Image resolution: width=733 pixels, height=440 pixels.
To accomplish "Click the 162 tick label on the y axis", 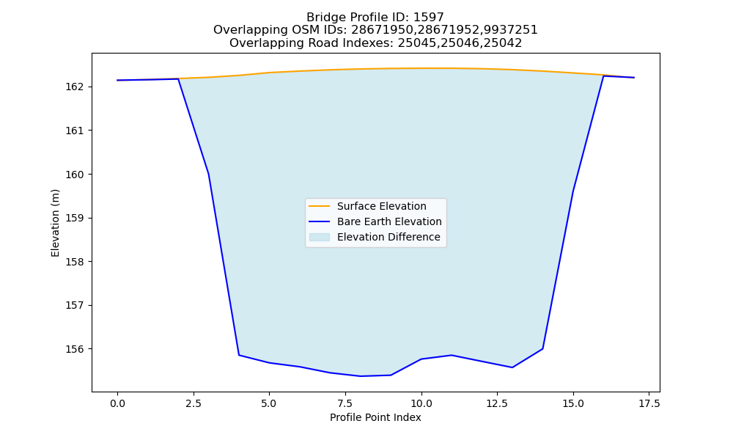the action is tap(74, 87).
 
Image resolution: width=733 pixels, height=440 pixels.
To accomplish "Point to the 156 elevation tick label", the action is tap(74, 349).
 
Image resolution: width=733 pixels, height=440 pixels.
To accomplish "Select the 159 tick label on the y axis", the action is tap(74, 218).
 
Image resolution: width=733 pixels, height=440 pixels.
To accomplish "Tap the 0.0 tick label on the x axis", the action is tap(117, 403).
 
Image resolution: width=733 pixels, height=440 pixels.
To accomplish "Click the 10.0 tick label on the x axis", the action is tap(421, 403).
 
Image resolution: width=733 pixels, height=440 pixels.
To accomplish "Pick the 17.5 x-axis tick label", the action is tap(649, 403).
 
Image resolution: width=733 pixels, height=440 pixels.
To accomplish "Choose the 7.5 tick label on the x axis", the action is tap(345, 403).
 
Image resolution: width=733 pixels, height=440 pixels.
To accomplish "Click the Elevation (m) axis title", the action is tap(55, 223).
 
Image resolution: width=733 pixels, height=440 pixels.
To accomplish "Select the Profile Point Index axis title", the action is tap(375, 417).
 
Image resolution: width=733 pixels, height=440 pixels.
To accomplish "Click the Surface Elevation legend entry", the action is tap(381, 206).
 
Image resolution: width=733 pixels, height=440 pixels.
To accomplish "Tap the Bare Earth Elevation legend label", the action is tap(389, 221).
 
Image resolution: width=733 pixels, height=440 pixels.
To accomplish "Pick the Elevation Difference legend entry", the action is tap(388, 237).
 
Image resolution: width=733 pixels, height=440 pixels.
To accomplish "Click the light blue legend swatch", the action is tap(320, 237).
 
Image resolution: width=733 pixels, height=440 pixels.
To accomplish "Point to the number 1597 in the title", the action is tap(429, 18).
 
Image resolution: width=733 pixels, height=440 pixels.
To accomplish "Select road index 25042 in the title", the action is tap(503, 43).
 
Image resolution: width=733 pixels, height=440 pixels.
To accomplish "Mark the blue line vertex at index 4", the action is tap(239, 355).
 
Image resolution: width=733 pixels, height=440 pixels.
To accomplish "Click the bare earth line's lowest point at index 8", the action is tap(361, 376).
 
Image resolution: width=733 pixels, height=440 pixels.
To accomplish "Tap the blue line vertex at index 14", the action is tap(542, 348).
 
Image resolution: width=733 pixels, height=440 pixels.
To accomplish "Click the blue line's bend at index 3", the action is tap(208, 174).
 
